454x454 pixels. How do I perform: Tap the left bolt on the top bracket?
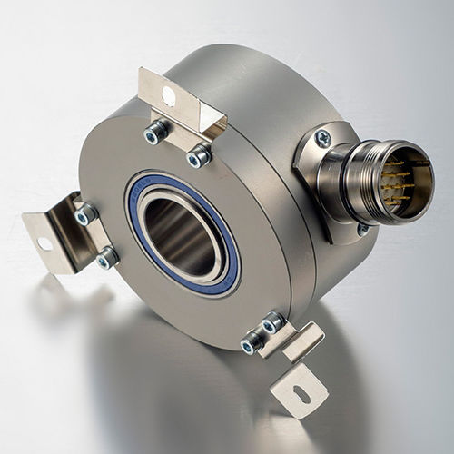tap(153, 134)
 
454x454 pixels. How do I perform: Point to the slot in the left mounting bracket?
tap(44, 242)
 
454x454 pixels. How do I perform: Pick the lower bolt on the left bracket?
tap(106, 259)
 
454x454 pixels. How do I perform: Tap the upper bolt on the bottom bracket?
tap(271, 321)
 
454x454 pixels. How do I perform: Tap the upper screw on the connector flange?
tap(322, 137)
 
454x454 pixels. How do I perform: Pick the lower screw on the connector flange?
tap(362, 229)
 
